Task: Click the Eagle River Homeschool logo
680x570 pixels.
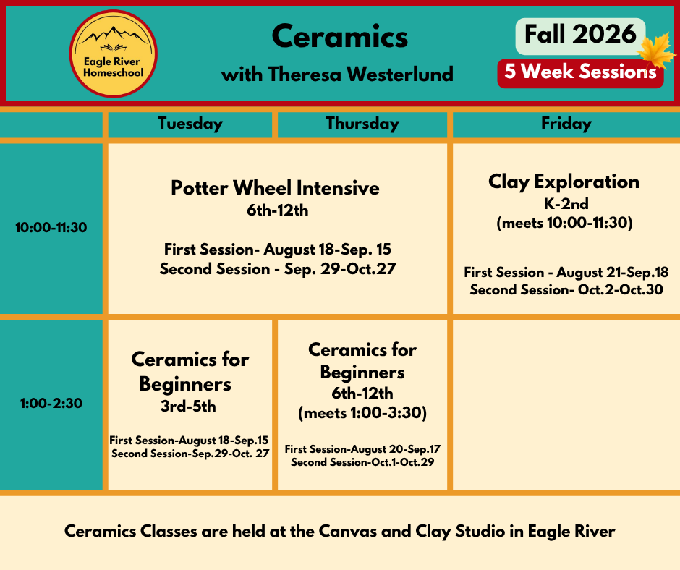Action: tap(113, 54)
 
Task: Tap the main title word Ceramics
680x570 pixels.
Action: tap(339, 36)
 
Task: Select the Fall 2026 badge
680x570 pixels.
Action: tap(580, 35)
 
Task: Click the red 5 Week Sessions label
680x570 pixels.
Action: tap(580, 72)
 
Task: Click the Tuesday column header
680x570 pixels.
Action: tap(190, 124)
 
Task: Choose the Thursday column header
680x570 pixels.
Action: tap(362, 124)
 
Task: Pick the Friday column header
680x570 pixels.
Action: tap(566, 124)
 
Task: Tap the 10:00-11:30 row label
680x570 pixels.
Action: tap(51, 227)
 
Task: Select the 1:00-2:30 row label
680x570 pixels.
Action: tap(51, 404)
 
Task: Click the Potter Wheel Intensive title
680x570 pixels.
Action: tap(275, 188)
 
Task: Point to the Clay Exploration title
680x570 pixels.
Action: tap(564, 182)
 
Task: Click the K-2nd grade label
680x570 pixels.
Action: tap(566, 203)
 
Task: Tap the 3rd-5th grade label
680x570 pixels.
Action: tap(188, 407)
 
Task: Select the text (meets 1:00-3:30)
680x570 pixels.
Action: tap(362, 412)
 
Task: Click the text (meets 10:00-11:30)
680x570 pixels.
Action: tap(565, 223)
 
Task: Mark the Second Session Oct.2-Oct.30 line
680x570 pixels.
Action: tap(566, 289)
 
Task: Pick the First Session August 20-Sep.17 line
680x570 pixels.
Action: tap(362, 449)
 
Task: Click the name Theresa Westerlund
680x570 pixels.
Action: tap(361, 75)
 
